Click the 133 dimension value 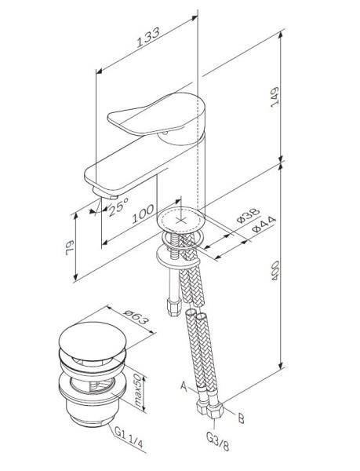(x=148, y=38)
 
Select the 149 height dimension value (x=275, y=97)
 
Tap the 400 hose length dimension (x=275, y=271)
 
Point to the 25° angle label (x=118, y=206)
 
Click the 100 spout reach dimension (x=144, y=214)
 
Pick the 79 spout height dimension (x=70, y=248)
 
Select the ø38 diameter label (x=248, y=215)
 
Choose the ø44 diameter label (x=264, y=225)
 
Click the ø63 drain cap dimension (x=136, y=317)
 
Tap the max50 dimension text (x=138, y=390)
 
